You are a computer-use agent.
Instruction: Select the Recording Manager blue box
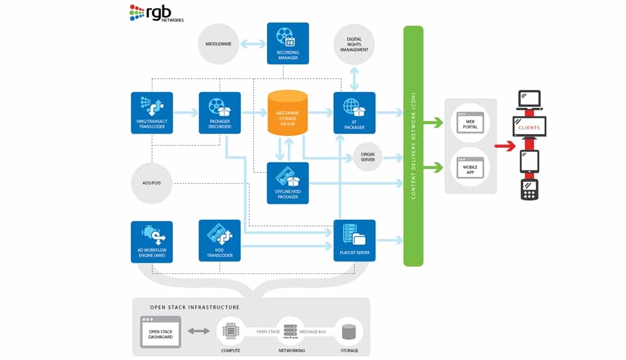(288, 43)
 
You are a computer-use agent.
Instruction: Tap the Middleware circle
(219, 43)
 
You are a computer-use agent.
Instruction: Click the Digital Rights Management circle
(354, 45)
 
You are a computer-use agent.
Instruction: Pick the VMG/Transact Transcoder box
(152, 113)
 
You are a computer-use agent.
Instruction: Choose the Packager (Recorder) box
(220, 113)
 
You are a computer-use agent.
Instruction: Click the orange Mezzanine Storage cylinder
(288, 113)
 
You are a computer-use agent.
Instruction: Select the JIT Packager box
(354, 113)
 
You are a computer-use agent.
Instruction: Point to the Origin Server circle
(368, 156)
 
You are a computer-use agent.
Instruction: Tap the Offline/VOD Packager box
(288, 183)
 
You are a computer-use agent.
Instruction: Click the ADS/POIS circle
(152, 183)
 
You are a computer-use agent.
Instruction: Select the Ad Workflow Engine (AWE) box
(152, 242)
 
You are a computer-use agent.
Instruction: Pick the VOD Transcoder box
(220, 240)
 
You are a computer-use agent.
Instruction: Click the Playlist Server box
(354, 240)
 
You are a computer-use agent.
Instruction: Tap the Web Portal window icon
(470, 122)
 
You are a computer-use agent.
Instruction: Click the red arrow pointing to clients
(505, 147)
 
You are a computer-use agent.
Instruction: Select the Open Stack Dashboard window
(161, 331)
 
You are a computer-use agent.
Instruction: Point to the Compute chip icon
(230, 331)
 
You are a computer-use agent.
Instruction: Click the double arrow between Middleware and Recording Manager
(253, 44)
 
